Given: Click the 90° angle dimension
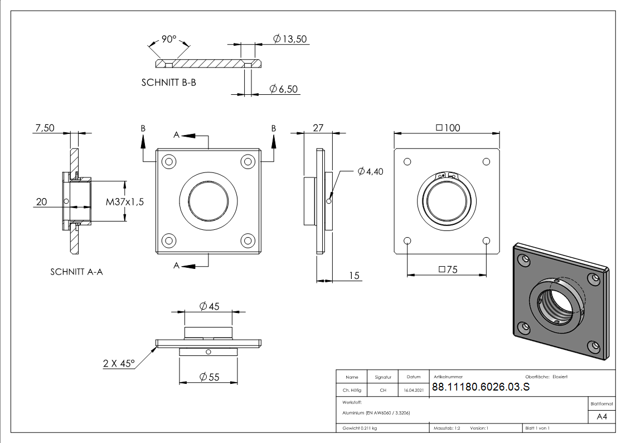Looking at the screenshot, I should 169,39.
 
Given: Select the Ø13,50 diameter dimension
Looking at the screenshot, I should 290,38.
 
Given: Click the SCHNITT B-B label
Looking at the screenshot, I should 168,82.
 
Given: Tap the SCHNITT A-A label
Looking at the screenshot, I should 76,272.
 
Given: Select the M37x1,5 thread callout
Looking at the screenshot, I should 125,202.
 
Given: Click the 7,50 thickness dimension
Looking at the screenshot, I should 45,128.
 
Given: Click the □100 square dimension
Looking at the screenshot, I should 448,128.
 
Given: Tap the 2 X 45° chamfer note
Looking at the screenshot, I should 119,363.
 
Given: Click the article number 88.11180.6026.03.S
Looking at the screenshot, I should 481,388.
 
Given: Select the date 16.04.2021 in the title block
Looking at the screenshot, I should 413,391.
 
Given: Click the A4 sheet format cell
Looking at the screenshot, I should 602,417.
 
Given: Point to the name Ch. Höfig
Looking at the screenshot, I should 352,391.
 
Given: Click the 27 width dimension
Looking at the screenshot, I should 318,128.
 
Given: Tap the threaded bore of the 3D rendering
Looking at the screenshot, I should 555,304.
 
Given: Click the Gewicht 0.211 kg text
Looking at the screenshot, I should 360,428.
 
